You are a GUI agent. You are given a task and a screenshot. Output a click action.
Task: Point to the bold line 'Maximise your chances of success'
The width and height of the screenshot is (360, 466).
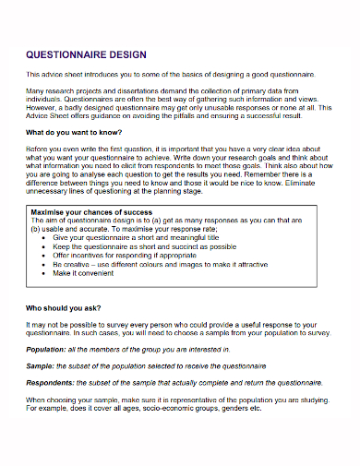point(91,212)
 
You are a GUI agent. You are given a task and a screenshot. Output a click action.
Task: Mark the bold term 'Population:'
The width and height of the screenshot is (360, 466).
point(45,351)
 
